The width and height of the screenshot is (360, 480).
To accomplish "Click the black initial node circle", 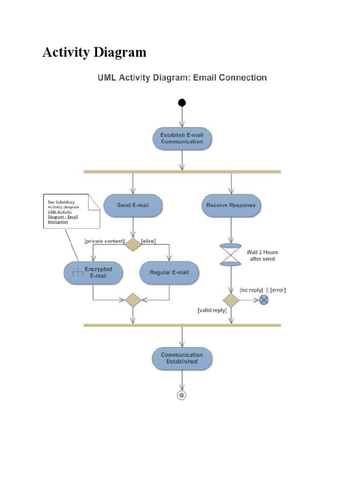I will pos(181,103).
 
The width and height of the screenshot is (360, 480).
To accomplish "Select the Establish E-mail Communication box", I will pos(182,138).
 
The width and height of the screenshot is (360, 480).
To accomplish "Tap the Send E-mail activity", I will pos(134,205).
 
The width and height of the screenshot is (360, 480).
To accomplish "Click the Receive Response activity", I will pos(231,205).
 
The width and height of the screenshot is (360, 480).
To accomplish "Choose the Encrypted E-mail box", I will pos(93,272).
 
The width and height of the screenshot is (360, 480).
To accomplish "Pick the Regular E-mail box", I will pos(169,272).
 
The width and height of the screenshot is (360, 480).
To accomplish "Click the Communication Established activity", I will pos(182,359).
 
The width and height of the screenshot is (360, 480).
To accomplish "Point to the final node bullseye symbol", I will pos(181,395).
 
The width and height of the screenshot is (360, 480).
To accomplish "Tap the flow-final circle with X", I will pos(264,300).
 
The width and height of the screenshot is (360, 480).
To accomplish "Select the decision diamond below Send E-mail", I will pos(134,244).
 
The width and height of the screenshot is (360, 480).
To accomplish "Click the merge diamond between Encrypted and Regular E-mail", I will pos(134,300).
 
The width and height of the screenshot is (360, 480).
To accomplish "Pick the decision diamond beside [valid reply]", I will pos(231,300).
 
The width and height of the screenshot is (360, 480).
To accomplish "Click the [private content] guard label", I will pos(104,241).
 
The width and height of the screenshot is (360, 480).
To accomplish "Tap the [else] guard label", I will pos(148,241).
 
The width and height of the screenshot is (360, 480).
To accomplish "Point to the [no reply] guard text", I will pos(251,290).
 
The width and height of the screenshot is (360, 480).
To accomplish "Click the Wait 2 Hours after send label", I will pos(262,255).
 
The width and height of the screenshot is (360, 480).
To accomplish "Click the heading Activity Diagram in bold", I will pos(94,52).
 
